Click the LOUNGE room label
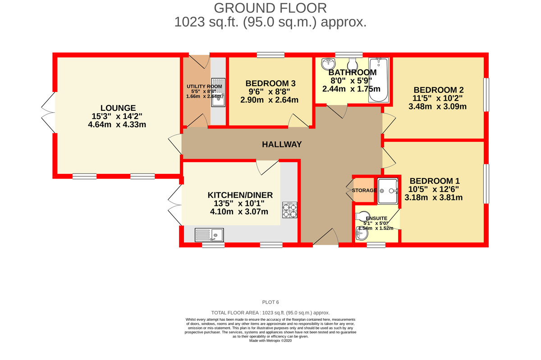coord(118,108)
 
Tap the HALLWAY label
coord(282,144)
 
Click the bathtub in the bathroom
coord(378,80)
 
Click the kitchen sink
coord(210,234)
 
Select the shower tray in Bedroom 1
coord(388,191)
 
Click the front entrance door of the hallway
coord(326,238)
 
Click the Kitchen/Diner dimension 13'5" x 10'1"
coord(240,204)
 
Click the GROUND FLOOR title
coord(270,8)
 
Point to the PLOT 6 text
coord(270,302)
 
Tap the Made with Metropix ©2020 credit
coord(270,341)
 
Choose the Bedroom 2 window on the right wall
coord(486,95)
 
